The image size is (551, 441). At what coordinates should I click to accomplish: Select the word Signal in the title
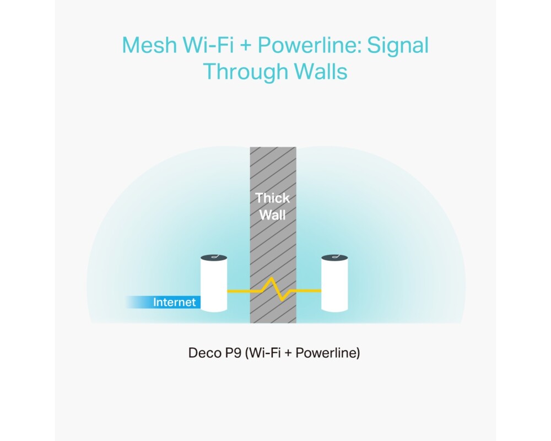coord(398,45)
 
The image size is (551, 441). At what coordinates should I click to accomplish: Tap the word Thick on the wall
coord(272,198)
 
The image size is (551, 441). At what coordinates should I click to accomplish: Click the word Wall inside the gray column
coord(272,215)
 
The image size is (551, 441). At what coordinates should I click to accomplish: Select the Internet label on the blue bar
coord(174,302)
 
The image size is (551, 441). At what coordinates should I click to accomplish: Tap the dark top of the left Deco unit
coord(214,258)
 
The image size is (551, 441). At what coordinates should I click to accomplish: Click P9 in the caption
coord(231,353)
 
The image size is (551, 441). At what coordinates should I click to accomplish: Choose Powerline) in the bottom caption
coord(328,353)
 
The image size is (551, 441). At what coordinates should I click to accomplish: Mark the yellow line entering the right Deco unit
coord(311,290)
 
